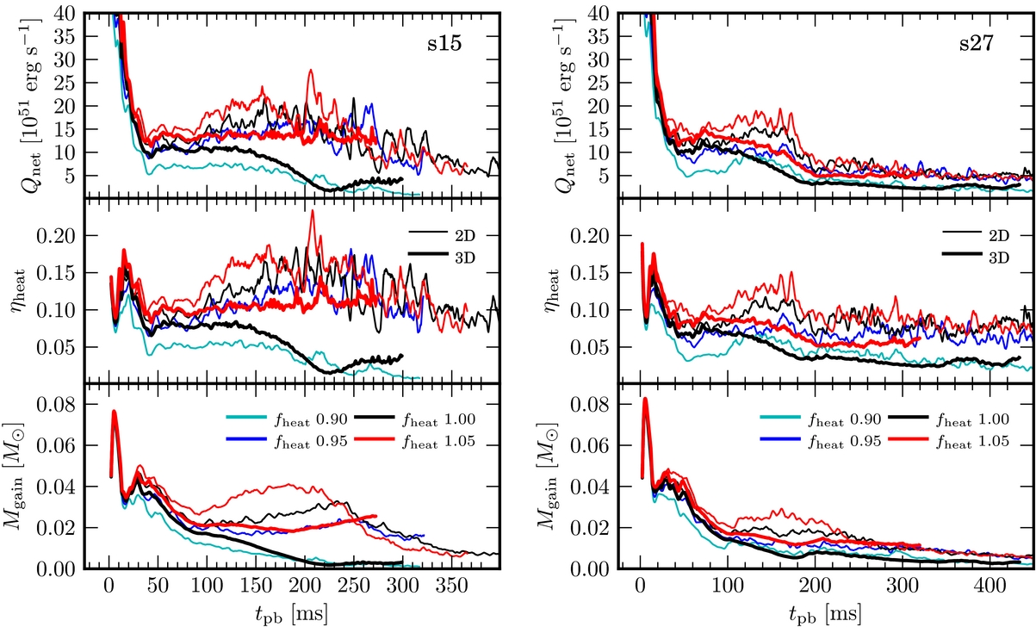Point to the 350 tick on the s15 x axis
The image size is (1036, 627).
(452, 592)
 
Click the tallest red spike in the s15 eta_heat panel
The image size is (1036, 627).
(311, 212)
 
